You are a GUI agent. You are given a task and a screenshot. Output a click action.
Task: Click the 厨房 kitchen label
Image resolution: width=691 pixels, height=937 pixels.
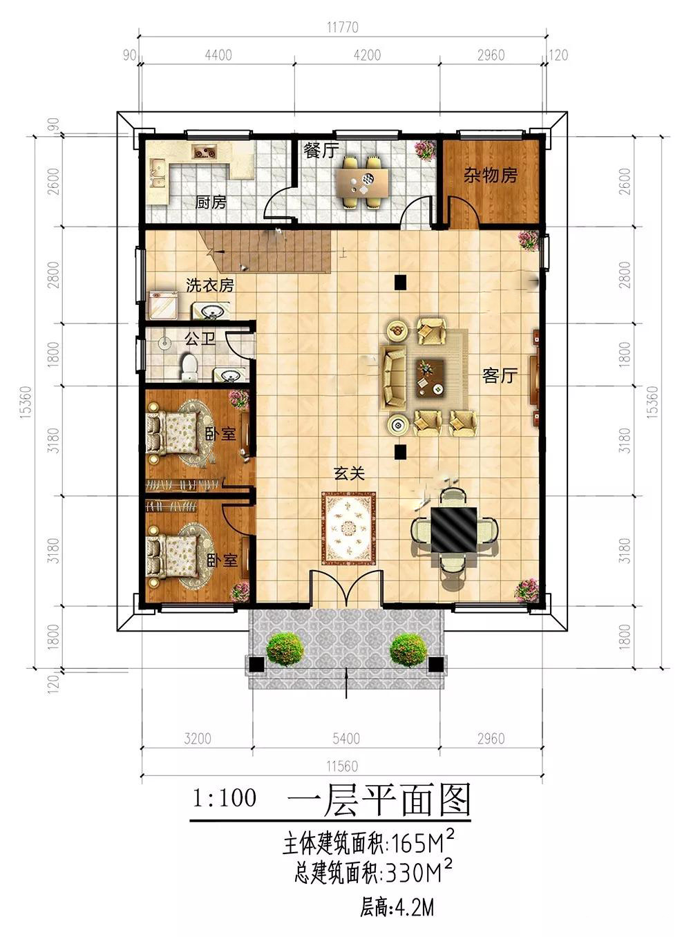(x=210, y=202)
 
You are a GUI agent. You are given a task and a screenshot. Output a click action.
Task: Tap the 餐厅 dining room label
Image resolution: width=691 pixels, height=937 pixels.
(x=321, y=151)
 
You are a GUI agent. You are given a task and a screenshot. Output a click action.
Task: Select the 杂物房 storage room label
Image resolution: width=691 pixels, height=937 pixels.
(x=490, y=176)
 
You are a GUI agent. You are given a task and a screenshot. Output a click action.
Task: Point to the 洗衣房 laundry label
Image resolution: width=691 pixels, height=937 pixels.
(x=209, y=285)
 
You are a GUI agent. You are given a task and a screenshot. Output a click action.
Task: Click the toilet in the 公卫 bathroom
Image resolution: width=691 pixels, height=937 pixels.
(x=189, y=368)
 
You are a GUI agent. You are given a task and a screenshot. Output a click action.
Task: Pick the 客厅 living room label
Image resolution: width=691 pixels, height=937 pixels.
(x=500, y=376)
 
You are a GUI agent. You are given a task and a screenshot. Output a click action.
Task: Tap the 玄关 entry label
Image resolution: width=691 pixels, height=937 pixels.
(x=349, y=473)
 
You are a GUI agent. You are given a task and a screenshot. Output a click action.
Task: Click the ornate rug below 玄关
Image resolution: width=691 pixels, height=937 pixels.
(x=349, y=528)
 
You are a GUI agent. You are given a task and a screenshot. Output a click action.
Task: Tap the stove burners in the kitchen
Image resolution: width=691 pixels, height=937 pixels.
(x=204, y=151)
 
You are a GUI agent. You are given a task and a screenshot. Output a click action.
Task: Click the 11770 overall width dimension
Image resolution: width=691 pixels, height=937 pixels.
(x=343, y=28)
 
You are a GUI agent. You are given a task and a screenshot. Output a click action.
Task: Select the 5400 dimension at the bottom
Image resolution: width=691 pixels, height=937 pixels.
(x=346, y=738)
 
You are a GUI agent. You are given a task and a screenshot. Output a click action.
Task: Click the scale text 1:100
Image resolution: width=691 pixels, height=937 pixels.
(x=224, y=797)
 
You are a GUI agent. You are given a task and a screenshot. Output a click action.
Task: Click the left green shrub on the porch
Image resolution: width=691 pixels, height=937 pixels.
(x=285, y=650)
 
